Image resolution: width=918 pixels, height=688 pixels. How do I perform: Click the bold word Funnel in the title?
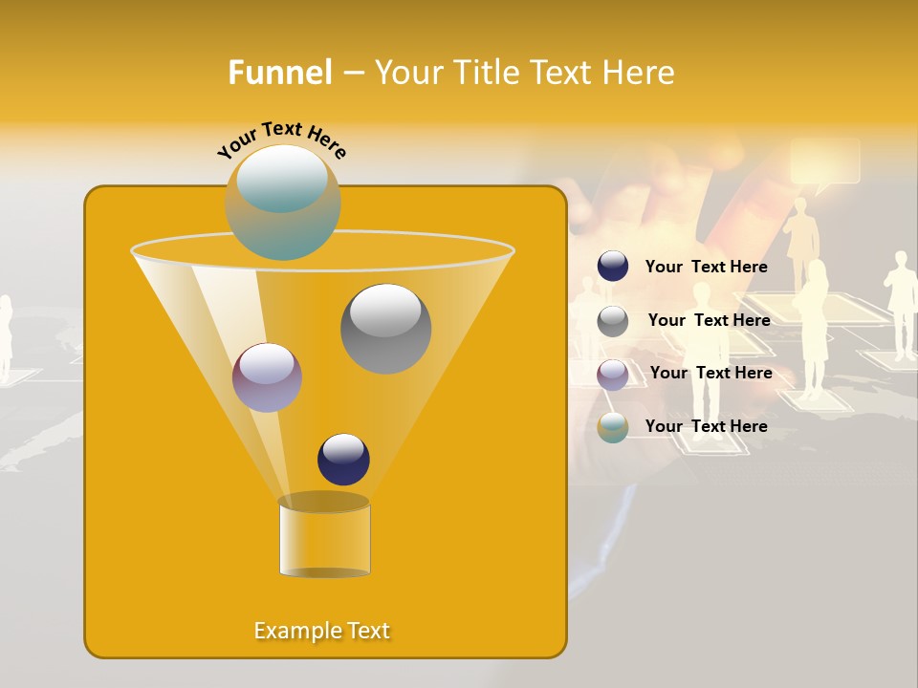pos(280,73)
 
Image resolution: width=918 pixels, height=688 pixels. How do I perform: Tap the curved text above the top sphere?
pos(282,140)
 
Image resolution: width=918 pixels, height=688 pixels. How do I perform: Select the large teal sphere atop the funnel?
pos(283,203)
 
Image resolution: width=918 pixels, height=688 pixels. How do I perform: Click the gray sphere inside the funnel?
pos(385,329)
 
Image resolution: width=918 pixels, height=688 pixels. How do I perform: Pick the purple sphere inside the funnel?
pos(267,377)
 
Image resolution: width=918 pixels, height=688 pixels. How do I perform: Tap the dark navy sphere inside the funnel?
pos(343,460)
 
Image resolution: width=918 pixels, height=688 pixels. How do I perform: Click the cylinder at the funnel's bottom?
pos(324,537)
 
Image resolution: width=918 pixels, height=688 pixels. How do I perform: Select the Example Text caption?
pos(322,631)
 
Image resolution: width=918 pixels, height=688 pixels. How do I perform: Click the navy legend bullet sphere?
pos(613,267)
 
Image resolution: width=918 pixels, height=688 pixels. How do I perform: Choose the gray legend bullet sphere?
pos(613,321)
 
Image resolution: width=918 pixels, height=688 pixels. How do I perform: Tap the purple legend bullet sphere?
pos(613,374)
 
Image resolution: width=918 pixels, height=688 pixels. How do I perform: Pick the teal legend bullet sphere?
pos(613,427)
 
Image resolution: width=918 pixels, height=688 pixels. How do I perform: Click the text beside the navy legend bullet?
pos(706,267)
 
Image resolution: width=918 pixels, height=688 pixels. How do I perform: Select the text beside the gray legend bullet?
pos(709,320)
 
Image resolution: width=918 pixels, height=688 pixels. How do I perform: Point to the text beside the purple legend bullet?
pos(710,373)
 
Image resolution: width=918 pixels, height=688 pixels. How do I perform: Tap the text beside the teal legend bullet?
pos(706,426)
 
